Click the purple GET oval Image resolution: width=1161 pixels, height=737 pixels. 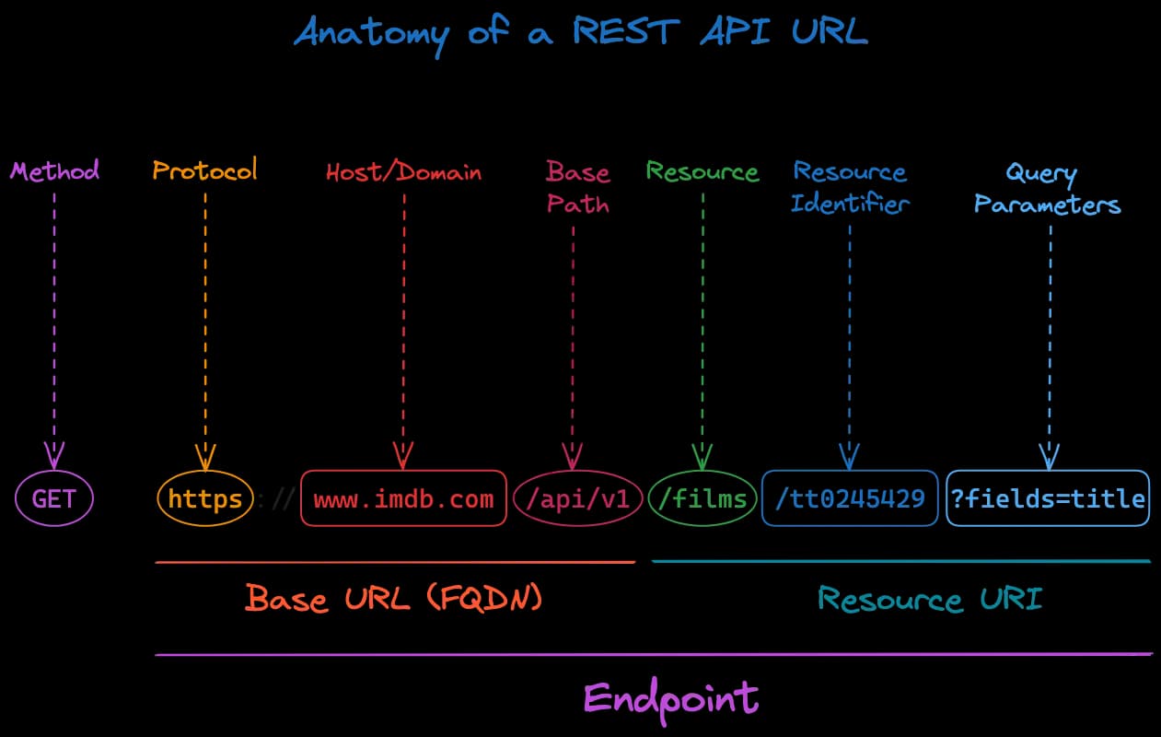tap(54, 499)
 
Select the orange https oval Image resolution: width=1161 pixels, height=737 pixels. tap(205, 499)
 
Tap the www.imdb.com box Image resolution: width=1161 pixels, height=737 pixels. tap(403, 499)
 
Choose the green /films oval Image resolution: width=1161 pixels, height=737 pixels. tap(702, 499)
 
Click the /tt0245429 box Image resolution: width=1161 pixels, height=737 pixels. tap(850, 499)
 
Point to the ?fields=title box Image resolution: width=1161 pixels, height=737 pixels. tap(1048, 499)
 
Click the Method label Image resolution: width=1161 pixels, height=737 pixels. tap(54, 170)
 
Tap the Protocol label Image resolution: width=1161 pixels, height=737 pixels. tap(204, 170)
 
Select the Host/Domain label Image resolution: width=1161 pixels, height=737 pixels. tap(403, 172)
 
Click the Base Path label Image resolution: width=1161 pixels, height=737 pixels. tap(577, 187)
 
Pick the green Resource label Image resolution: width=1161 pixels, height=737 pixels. tap(702, 171)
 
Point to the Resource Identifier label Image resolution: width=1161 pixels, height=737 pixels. tap(849, 187)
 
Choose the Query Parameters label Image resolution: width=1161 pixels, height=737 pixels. tap(1048, 188)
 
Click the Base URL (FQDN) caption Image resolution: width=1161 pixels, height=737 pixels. tap(394, 599)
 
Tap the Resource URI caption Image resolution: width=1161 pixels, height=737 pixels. tap(930, 599)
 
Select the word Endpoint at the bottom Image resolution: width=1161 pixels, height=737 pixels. tap(671, 697)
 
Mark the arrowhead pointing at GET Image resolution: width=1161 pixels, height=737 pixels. tap(54, 454)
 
